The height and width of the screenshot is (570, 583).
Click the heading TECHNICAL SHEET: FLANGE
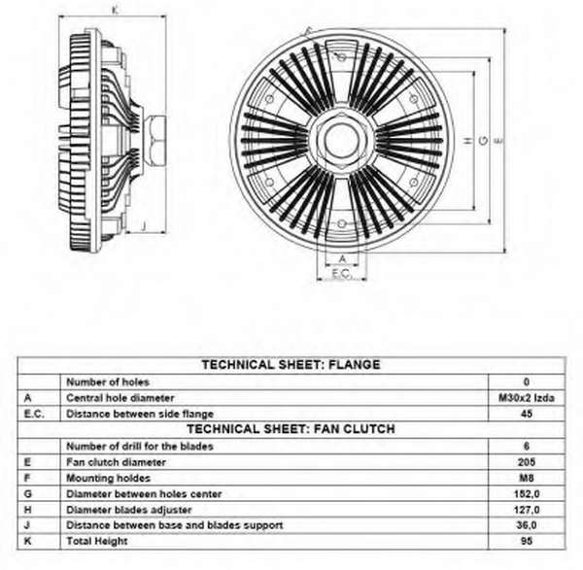(290, 365)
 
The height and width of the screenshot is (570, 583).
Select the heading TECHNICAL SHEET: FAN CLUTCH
(290, 428)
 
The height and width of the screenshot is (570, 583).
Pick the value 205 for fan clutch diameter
(526, 461)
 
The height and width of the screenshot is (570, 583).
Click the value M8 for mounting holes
(526, 478)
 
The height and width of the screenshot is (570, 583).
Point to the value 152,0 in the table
(526, 493)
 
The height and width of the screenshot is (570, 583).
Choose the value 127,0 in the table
(526, 509)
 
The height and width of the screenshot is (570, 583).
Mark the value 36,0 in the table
(526, 525)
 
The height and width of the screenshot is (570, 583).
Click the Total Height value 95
(526, 541)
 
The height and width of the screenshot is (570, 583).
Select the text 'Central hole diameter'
(120, 397)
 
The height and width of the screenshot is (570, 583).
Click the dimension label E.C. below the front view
(341, 274)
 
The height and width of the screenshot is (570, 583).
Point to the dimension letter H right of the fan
(467, 140)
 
